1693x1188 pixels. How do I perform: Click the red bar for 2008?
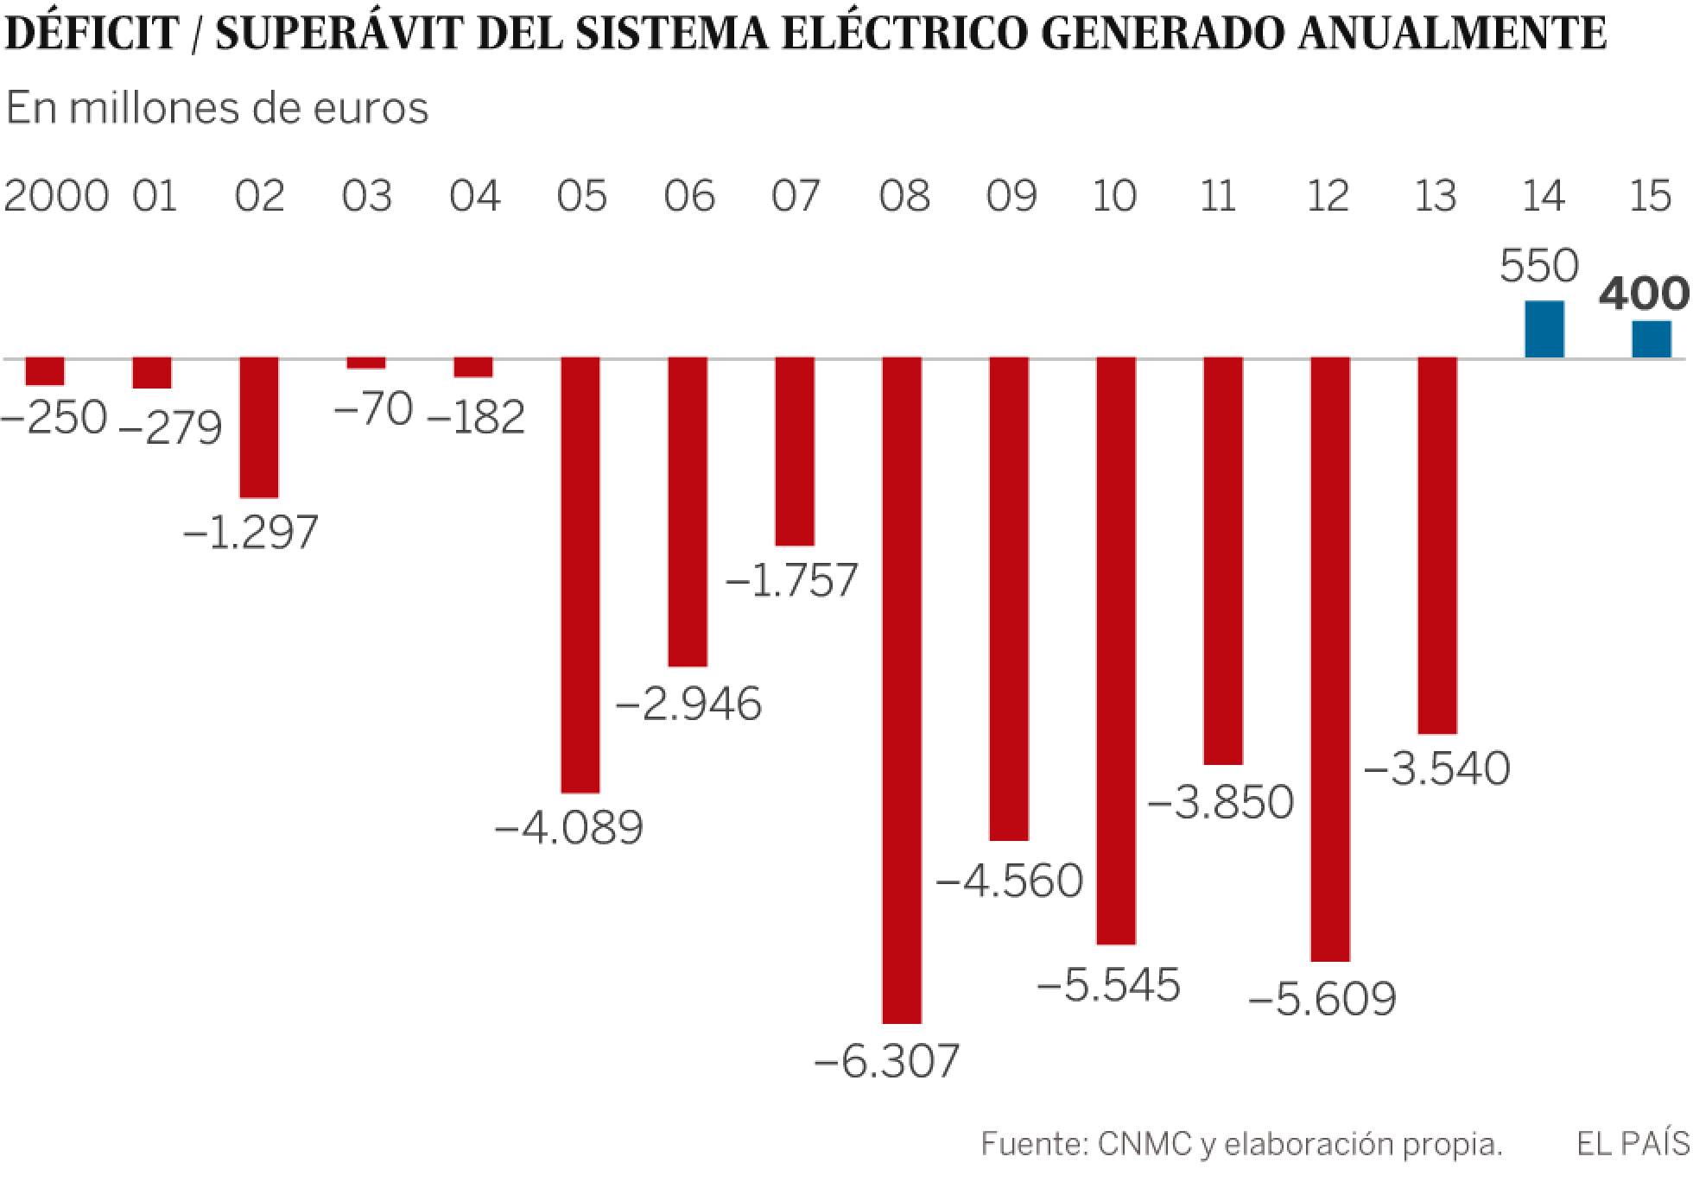(x=902, y=691)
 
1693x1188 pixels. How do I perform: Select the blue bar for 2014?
(x=1544, y=330)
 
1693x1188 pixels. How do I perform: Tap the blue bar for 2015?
(x=1652, y=339)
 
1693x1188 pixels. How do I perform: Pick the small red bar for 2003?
(x=366, y=363)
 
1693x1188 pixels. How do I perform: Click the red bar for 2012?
(x=1330, y=660)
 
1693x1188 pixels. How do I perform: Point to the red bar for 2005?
(x=580, y=575)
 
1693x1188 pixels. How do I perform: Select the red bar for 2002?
(x=259, y=427)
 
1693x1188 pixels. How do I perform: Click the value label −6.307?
(x=887, y=1061)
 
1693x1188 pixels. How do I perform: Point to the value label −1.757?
(x=792, y=580)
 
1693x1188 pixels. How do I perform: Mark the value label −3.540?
(x=1436, y=768)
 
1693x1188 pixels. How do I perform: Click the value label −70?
(x=373, y=409)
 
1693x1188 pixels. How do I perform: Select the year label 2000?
(x=56, y=196)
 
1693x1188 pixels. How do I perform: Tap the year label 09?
(x=1011, y=196)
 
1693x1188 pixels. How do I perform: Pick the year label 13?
(x=1436, y=196)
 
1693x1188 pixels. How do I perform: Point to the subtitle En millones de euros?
(x=218, y=109)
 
